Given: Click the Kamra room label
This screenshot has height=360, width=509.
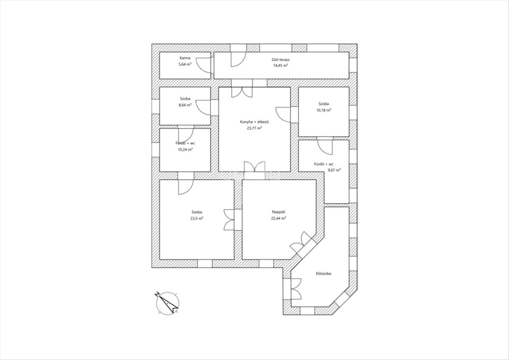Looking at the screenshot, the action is (x=185, y=58).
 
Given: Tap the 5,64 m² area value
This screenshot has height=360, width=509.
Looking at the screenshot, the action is (x=185, y=65).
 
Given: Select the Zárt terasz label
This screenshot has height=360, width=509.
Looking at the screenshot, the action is (x=280, y=60).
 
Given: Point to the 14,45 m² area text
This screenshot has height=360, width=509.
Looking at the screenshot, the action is (x=280, y=66).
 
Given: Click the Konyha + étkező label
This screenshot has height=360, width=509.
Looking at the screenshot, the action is (x=254, y=122).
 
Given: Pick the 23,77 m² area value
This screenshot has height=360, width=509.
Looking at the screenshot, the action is (x=254, y=128).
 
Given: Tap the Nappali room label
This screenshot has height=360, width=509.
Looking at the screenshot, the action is (x=278, y=212).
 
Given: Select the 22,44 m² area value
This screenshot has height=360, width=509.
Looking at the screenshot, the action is (x=278, y=218).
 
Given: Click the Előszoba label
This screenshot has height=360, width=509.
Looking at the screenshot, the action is (x=323, y=273).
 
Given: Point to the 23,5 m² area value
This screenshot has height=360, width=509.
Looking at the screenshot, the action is (x=197, y=218).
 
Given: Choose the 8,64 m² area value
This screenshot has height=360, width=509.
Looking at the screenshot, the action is (x=185, y=105).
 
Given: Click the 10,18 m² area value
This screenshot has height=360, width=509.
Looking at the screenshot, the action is (x=324, y=110).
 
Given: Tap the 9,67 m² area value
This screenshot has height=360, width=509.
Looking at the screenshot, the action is (x=334, y=170).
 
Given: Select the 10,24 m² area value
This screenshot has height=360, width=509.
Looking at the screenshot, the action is (x=185, y=149).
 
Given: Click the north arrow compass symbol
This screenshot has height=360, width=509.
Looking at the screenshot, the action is (x=167, y=303).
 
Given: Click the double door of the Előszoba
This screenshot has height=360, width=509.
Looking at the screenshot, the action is (x=296, y=289).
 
